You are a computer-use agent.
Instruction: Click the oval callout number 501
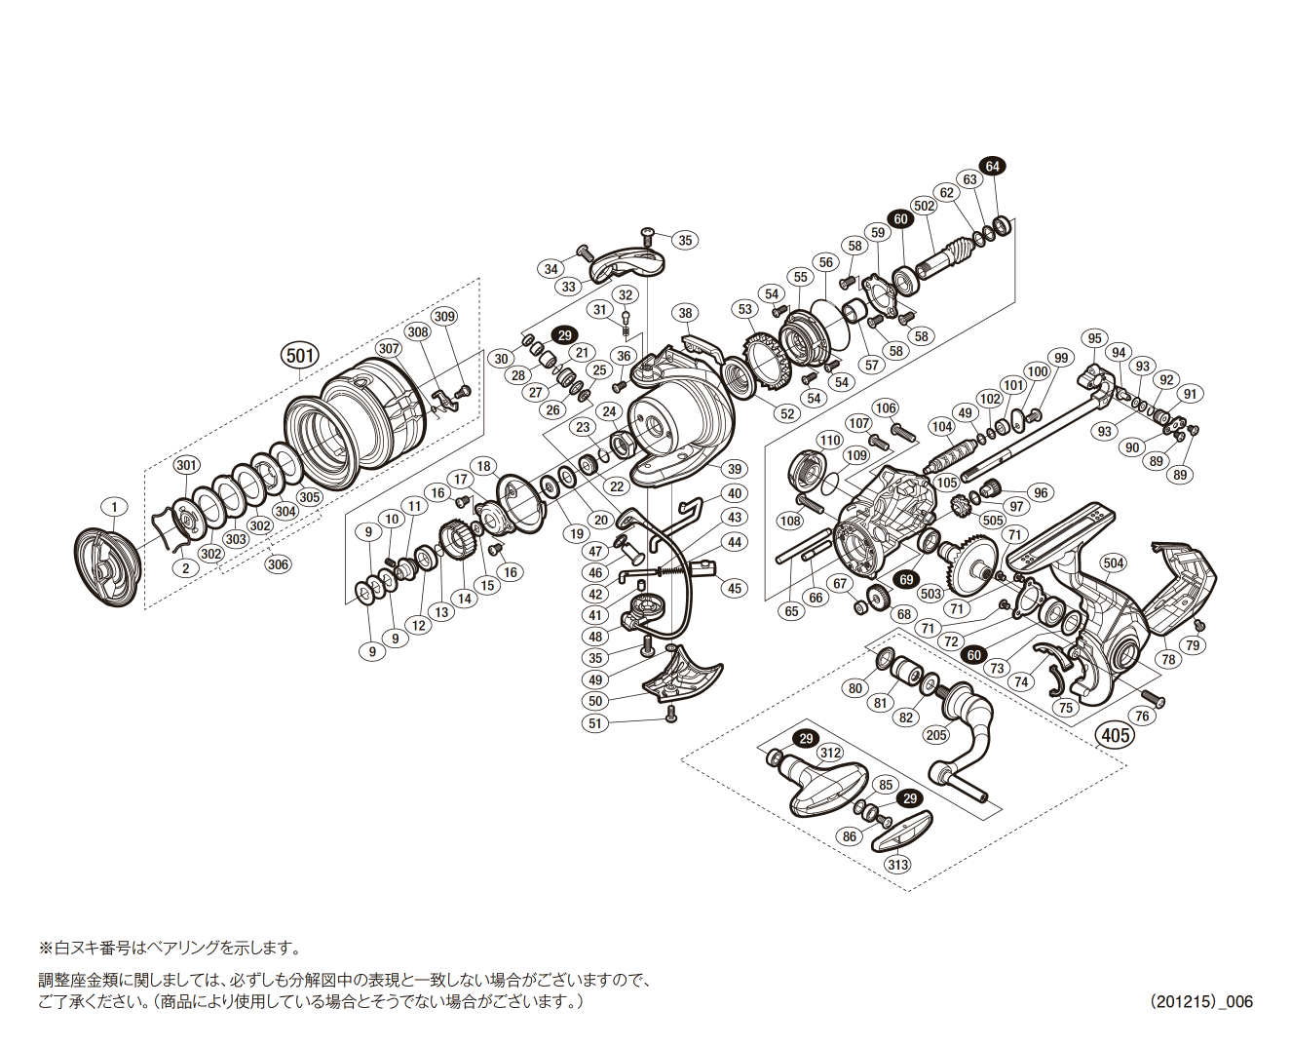(x=300, y=356)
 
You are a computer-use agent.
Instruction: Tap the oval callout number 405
(x=1116, y=734)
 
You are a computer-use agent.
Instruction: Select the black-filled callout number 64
(x=992, y=167)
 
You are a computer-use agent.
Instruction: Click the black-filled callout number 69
(x=906, y=580)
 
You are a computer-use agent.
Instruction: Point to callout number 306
(x=279, y=564)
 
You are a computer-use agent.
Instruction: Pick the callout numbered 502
(x=924, y=206)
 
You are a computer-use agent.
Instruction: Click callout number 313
(x=897, y=865)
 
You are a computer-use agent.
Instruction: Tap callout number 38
(x=686, y=313)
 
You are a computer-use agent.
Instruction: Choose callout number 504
(x=1113, y=562)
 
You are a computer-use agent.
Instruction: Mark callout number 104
(x=941, y=426)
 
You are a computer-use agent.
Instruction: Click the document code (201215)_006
(x=1200, y=1001)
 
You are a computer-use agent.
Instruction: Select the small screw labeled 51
(x=670, y=715)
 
